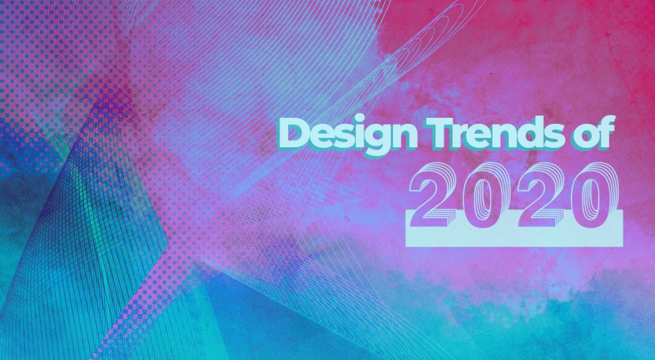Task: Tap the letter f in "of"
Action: pyautogui.click(x=607, y=132)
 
